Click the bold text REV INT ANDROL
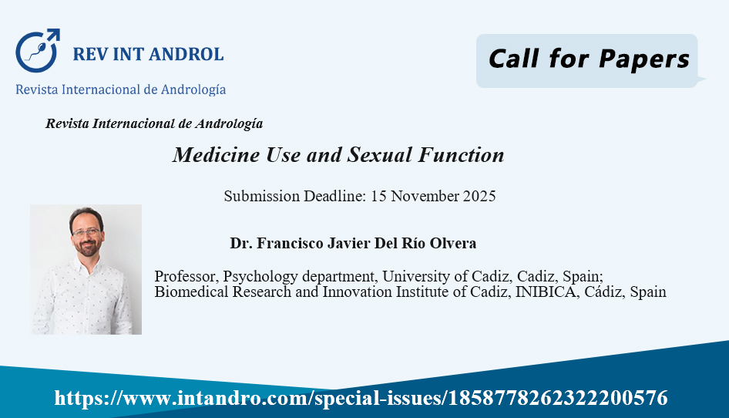[148, 55]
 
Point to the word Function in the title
[461, 155]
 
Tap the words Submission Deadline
[295, 196]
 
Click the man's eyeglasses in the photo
[86, 232]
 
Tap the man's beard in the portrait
[87, 247]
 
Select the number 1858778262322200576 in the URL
[557, 398]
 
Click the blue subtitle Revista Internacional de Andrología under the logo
[120, 89]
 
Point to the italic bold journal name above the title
[154, 123]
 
